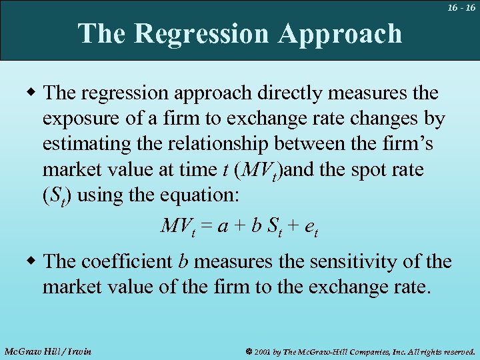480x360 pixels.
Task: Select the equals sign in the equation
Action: (x=208, y=226)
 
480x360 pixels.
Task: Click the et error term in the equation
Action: (x=310, y=227)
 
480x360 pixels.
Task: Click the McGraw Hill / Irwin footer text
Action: (x=47, y=351)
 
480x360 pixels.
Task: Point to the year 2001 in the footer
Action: (x=263, y=351)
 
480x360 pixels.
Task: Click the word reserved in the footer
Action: (x=455, y=351)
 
